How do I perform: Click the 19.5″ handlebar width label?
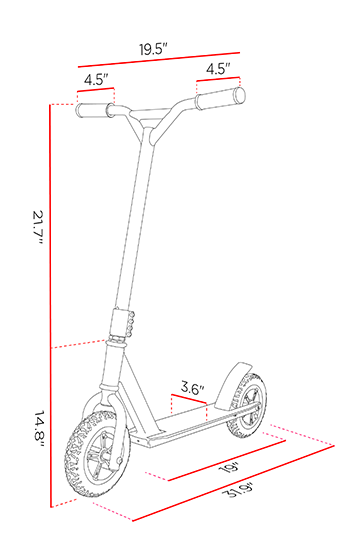pyautogui.click(x=153, y=49)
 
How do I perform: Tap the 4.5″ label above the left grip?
pyautogui.click(x=96, y=80)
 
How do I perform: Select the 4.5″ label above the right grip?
pyautogui.click(x=218, y=69)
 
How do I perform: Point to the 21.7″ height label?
pyautogui.click(x=37, y=227)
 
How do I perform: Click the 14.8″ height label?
pyautogui.click(x=38, y=428)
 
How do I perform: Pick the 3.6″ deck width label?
pyautogui.click(x=193, y=389)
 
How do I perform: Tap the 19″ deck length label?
pyautogui.click(x=229, y=468)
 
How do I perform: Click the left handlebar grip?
pyautogui.click(x=95, y=110)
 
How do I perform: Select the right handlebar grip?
pyautogui.click(x=220, y=98)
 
